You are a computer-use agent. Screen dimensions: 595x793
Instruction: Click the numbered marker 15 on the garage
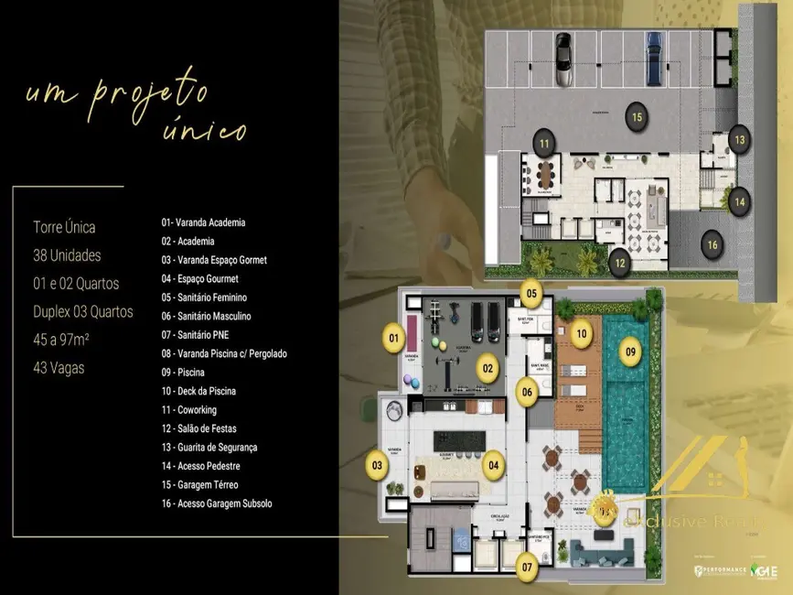(637, 115)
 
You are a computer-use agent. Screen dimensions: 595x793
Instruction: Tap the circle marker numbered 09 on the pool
(628, 350)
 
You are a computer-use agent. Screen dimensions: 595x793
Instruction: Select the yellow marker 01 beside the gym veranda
(394, 339)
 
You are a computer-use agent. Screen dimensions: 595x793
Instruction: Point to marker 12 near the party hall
(620, 264)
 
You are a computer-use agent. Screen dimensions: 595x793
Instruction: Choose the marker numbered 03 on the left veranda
(375, 465)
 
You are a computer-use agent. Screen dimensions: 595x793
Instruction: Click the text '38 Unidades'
(67, 255)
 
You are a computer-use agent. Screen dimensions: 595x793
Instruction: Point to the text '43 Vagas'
(60, 341)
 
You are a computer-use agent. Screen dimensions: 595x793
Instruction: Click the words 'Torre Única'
(64, 227)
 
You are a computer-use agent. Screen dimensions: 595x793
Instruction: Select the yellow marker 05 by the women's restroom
(532, 294)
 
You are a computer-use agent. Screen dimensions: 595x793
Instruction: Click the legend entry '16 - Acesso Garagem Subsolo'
(216, 503)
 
